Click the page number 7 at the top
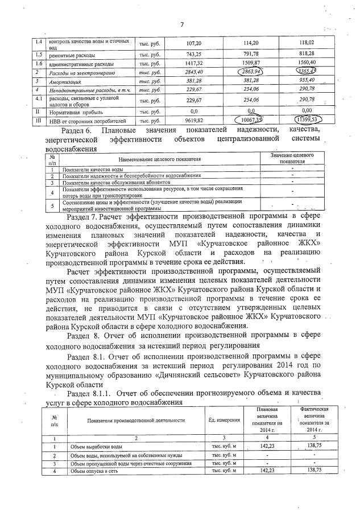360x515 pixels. (x=182, y=24)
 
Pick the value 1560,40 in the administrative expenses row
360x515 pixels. (x=307, y=64)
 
